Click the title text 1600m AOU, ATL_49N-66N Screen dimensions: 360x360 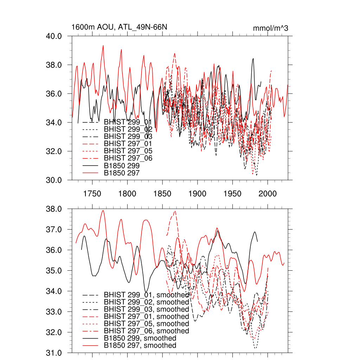[117, 27]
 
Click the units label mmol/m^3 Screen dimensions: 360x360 [271, 28]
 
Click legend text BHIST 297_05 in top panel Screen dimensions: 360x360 [128, 151]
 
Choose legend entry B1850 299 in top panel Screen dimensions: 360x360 [122, 166]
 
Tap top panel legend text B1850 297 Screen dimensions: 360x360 [122, 173]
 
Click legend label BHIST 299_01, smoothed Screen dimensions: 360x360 [146, 295]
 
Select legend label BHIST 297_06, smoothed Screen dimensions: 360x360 [146, 331]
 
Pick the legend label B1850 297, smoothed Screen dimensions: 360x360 [140, 346]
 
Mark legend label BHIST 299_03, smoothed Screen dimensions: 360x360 [146, 309]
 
